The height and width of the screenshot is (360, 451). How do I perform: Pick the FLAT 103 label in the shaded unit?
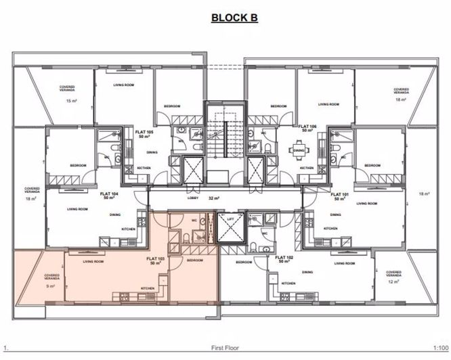tap(156, 260)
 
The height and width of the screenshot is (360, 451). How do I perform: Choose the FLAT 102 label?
tap(282, 260)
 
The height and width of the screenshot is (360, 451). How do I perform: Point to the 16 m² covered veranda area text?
tap(401, 100)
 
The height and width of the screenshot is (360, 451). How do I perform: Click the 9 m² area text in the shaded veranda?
tap(49, 286)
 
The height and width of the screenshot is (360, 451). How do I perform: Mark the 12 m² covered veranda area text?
tap(391, 283)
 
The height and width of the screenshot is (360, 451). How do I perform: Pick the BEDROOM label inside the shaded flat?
tap(194, 261)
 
